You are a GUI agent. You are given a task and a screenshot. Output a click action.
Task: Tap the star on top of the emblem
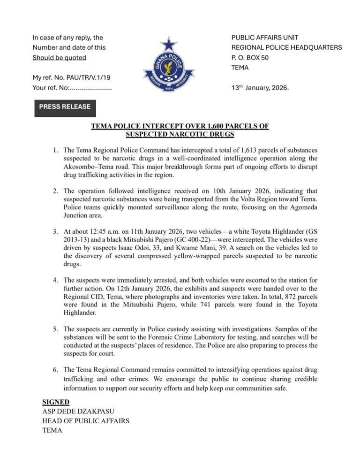[x=169, y=45]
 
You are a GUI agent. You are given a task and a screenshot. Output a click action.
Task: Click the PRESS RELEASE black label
[x=65, y=107]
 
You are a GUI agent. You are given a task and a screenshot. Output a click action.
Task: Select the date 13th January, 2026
[x=261, y=88]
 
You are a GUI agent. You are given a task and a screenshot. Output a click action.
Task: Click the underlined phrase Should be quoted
[x=59, y=58]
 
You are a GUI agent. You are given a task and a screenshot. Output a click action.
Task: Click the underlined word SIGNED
[x=56, y=402]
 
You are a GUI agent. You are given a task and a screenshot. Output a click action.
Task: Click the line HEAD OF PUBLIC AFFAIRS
[x=86, y=421]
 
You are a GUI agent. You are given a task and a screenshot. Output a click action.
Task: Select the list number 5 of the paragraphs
[x=54, y=329]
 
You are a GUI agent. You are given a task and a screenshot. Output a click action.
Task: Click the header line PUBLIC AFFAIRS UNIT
[x=265, y=38]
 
